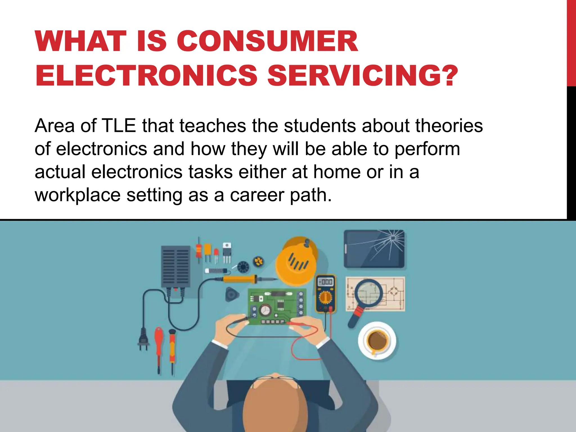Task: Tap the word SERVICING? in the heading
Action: pos(363,75)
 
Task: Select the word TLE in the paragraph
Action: pos(119,125)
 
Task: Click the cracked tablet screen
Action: pos(374,249)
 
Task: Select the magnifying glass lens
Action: pos(369,294)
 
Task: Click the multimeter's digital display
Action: pos(325,282)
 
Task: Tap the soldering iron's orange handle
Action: pos(240,279)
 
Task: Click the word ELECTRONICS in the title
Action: pos(146,75)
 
